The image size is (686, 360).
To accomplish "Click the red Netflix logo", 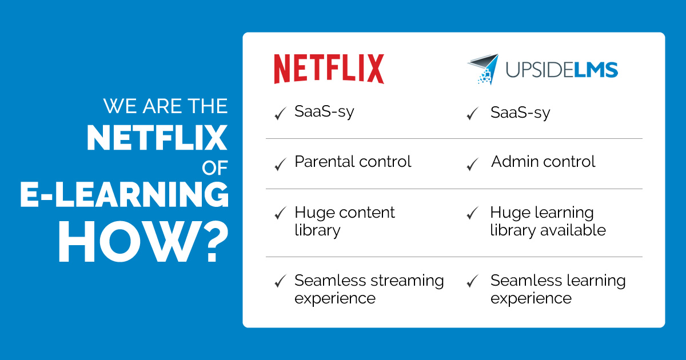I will pos(329,69).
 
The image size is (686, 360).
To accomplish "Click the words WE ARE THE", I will pos(165,106).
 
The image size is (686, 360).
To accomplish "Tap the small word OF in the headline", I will pos(215,167).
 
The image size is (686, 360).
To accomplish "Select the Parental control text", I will pos(353,162).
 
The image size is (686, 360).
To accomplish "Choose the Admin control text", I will pos(543,162).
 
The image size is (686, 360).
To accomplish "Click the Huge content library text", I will pos(345,221).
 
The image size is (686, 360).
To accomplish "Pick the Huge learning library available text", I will pos(547,221).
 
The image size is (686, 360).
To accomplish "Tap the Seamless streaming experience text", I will pos(369,289).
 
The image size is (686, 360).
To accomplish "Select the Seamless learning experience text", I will pos(557,289).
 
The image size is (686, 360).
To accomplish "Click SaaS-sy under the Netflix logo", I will pos(324,111).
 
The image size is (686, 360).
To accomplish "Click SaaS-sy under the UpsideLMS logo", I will pos(520,113).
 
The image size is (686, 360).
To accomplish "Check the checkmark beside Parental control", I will pos(280,165).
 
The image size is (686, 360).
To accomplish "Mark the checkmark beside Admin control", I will pos(472,165).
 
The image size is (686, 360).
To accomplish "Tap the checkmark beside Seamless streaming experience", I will pos(280,281).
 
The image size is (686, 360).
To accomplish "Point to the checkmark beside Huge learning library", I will pos(472,214).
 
